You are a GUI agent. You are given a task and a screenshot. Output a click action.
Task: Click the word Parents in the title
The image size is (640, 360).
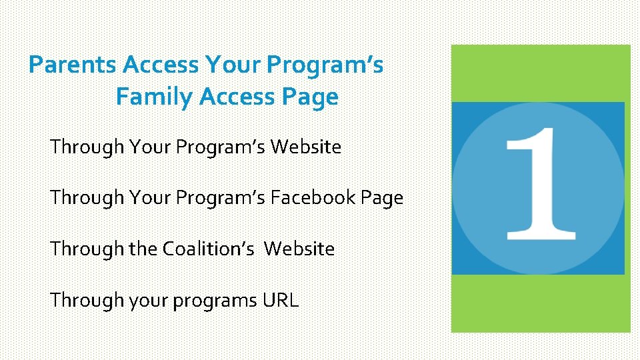click(74, 65)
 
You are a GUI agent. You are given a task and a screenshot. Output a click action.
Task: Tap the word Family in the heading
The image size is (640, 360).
click(155, 97)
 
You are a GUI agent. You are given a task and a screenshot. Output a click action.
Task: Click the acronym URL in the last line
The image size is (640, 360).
click(280, 300)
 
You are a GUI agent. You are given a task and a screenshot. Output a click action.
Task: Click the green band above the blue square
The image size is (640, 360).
click(540, 73)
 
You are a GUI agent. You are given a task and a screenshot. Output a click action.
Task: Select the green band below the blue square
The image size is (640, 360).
click(540, 303)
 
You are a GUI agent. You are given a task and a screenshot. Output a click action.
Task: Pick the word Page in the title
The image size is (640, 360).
click(313, 97)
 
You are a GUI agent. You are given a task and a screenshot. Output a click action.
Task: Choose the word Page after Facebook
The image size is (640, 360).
click(381, 197)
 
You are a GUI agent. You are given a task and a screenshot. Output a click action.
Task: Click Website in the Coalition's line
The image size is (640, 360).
click(299, 249)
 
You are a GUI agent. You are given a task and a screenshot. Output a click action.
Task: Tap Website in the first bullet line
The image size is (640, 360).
click(305, 146)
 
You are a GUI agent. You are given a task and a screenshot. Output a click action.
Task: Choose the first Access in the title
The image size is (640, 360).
click(161, 65)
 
